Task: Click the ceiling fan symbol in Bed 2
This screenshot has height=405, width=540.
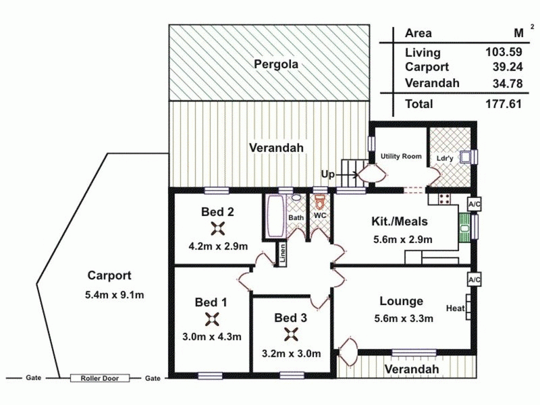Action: click(x=217, y=229)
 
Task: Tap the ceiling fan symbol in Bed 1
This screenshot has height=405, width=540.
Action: click(x=212, y=319)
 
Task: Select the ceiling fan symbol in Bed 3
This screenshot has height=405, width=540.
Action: click(x=292, y=334)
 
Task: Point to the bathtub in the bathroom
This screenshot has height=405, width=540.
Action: click(x=275, y=216)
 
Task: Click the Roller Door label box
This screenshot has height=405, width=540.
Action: click(x=100, y=378)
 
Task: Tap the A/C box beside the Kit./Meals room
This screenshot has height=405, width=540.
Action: click(x=474, y=205)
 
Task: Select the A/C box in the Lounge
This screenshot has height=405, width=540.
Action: click(x=474, y=280)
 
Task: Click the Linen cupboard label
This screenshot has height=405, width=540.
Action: click(x=282, y=255)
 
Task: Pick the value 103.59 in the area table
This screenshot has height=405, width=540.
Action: click(x=504, y=52)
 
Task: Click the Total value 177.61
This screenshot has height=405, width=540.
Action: click(x=504, y=104)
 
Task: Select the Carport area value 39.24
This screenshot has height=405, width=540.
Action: click(x=508, y=67)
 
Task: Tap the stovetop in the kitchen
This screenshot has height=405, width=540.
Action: click(x=444, y=198)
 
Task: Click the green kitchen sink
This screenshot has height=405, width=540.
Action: click(x=465, y=228)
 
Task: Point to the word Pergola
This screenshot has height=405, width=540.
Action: click(x=276, y=64)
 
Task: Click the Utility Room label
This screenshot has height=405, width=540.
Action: click(x=401, y=157)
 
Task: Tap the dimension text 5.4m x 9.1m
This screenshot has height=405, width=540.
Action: click(x=114, y=295)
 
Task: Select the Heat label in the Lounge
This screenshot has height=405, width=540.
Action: click(x=455, y=308)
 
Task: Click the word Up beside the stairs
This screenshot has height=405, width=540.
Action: click(x=327, y=175)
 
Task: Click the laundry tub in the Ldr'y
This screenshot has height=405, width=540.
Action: click(x=466, y=157)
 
